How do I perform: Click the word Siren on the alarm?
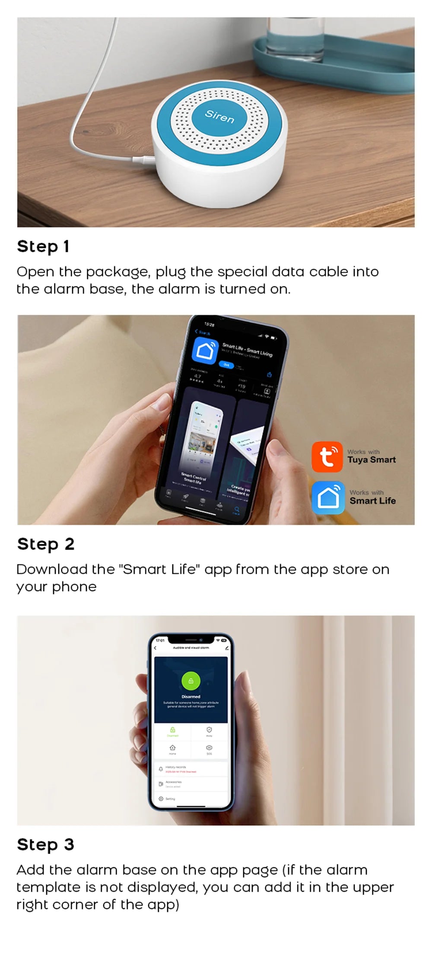click(219, 116)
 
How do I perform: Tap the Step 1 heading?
click(43, 247)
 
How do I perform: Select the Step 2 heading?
click(45, 544)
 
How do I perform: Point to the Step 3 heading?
click(45, 844)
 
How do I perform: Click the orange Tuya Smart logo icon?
click(327, 457)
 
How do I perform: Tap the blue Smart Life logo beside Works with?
click(328, 498)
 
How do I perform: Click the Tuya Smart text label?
click(372, 460)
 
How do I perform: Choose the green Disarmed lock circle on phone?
click(191, 681)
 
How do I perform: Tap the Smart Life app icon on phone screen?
click(204, 350)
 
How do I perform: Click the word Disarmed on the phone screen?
click(191, 697)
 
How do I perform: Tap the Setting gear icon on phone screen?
click(161, 799)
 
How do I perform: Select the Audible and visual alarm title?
click(191, 648)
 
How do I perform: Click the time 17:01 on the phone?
click(160, 640)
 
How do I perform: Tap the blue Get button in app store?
click(226, 365)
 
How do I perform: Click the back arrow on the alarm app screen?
click(155, 648)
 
